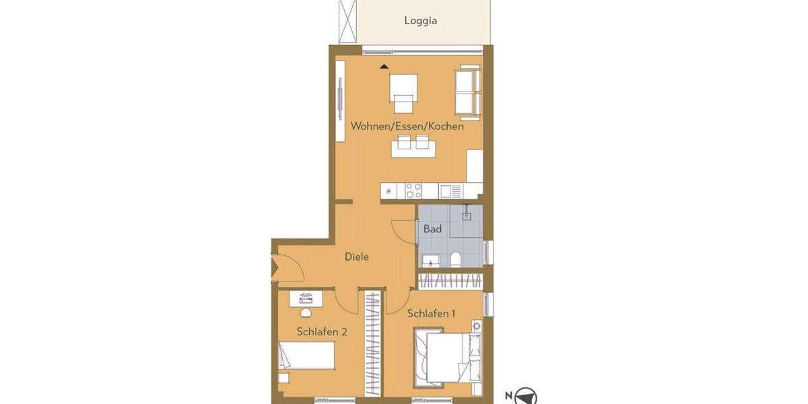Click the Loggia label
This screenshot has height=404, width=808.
(x=420, y=20)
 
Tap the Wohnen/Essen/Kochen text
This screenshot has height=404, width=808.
(x=407, y=126)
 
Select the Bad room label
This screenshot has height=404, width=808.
(x=432, y=229)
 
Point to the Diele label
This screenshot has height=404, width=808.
(x=356, y=257)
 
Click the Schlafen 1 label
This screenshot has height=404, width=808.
(x=431, y=313)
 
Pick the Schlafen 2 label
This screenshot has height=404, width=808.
(x=322, y=331)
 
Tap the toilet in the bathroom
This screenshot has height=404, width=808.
(x=456, y=259)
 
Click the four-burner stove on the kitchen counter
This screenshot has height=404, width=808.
(x=413, y=191)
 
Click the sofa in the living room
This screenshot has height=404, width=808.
(x=468, y=91)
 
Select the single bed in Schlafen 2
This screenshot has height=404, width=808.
(x=307, y=355)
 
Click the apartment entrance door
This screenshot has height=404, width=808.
(x=276, y=267)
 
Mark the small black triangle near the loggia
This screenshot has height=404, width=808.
(x=384, y=66)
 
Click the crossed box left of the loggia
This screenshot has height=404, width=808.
(x=348, y=21)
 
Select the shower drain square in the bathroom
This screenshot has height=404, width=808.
(x=466, y=216)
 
